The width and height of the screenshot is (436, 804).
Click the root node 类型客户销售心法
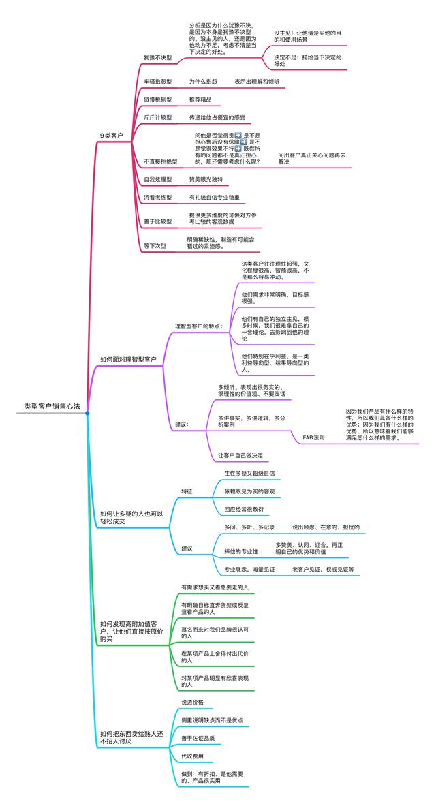click(x=52, y=406)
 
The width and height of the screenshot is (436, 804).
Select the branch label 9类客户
click(x=111, y=136)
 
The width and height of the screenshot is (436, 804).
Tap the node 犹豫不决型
click(x=157, y=58)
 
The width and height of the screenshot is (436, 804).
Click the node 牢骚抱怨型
click(x=157, y=82)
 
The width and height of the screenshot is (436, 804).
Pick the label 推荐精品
click(x=200, y=99)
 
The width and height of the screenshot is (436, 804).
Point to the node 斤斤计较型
click(x=157, y=118)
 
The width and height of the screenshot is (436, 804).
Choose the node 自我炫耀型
click(x=157, y=180)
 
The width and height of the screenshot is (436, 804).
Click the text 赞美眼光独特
click(x=206, y=180)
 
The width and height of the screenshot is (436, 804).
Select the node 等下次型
click(x=155, y=245)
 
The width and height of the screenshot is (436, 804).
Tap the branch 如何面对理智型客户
click(x=128, y=359)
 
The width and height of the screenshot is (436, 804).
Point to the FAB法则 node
click(x=313, y=437)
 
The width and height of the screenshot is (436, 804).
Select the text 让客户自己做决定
click(x=240, y=455)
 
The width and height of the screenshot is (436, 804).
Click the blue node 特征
click(x=187, y=491)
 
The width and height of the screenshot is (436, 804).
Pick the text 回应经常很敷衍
click(x=244, y=509)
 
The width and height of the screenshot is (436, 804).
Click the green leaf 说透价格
click(x=192, y=702)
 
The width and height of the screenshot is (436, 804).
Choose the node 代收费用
click(x=192, y=756)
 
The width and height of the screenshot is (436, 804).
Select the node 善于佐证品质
click(x=197, y=738)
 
